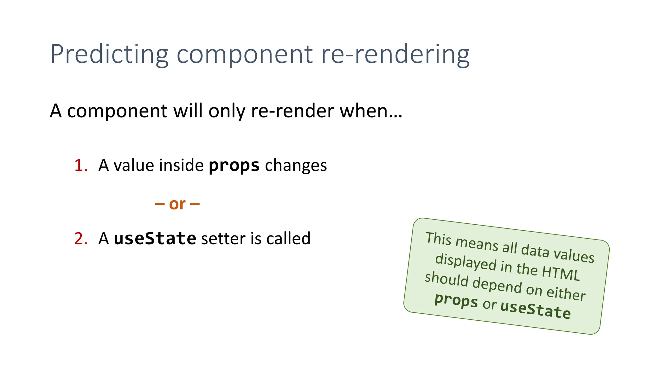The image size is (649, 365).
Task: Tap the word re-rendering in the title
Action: tap(395, 54)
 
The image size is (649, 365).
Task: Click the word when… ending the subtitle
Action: tap(371, 111)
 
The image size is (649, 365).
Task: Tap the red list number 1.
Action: tap(80, 165)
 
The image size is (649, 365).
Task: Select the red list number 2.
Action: tap(81, 239)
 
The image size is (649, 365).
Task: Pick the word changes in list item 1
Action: tap(296, 165)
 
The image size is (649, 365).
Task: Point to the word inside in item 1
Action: tap(181, 165)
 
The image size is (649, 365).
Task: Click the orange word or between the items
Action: tap(177, 204)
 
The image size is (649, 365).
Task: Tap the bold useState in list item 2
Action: tap(155, 239)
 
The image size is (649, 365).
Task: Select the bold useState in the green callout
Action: tap(536, 309)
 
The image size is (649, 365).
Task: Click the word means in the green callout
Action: tap(477, 243)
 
